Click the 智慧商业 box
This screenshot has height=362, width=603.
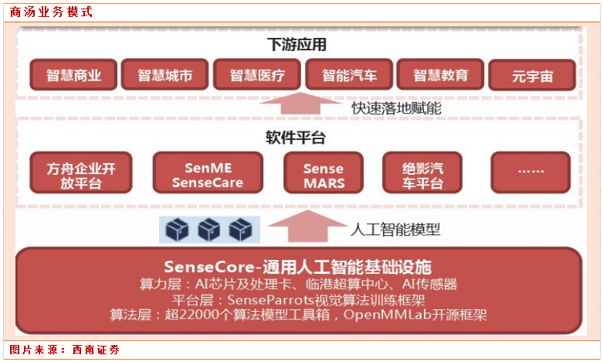(73, 75)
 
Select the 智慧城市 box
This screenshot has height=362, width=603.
(165, 75)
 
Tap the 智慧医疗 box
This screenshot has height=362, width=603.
(257, 75)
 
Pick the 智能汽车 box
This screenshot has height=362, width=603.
(349, 75)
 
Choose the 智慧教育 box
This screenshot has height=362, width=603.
(441, 75)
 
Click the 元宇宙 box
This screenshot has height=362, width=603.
(532, 76)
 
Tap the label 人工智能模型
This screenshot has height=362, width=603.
(396, 229)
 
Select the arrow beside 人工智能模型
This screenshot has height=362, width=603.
(300, 227)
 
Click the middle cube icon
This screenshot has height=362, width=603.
(209, 230)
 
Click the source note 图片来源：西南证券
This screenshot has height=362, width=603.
(65, 350)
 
